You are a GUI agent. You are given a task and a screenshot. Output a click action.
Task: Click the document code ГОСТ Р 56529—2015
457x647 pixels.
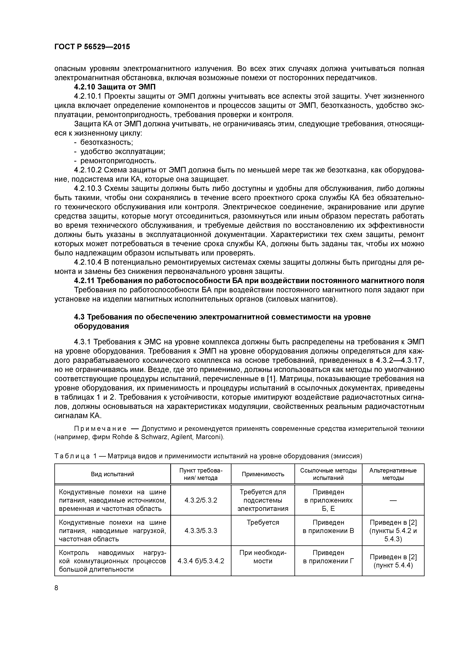tap(92, 47)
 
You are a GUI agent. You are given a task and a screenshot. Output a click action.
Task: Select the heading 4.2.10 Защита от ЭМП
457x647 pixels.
tap(115, 87)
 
